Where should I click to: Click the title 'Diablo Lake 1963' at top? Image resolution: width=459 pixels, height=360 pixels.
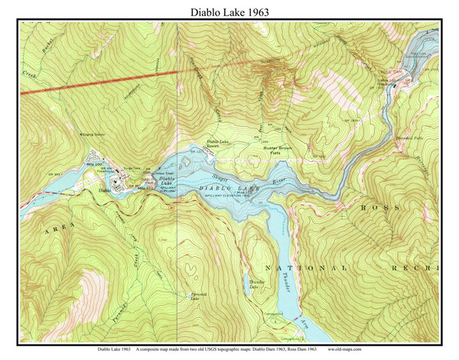(x=229, y=11)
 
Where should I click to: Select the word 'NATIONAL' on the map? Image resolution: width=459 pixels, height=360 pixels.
(x=306, y=269)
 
